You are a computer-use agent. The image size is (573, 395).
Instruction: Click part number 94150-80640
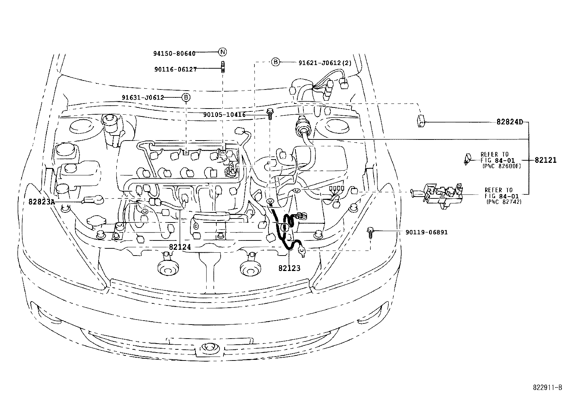click(174, 54)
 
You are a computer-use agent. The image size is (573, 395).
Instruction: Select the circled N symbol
click(222, 52)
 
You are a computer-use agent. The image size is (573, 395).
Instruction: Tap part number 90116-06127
click(176, 69)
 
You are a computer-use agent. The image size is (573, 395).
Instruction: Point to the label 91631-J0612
click(143, 97)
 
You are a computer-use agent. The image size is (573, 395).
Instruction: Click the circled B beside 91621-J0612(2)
click(275, 62)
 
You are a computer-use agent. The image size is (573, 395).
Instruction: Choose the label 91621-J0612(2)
click(325, 63)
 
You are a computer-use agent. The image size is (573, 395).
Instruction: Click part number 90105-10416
click(224, 115)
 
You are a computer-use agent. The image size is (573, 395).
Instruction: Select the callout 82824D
click(510, 122)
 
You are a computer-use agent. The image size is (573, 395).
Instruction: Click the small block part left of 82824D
click(421, 121)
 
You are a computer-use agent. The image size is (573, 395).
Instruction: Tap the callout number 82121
click(546, 160)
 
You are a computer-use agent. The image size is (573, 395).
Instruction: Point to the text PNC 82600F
click(502, 166)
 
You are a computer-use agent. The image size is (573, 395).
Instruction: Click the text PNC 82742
click(504, 202)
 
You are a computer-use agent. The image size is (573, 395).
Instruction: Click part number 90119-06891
click(427, 232)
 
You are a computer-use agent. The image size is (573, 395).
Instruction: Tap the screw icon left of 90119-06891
click(370, 232)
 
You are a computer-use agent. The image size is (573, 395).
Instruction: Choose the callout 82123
click(289, 268)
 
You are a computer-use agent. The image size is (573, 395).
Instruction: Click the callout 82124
click(180, 247)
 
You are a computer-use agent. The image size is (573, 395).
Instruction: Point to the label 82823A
click(42, 202)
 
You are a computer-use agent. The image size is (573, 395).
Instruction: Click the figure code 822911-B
click(547, 387)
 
